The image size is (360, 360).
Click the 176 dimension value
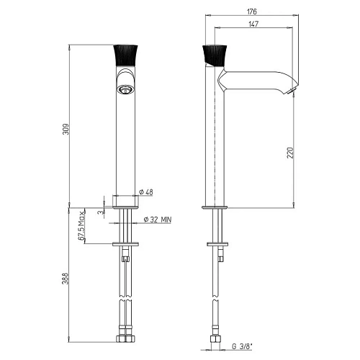[252, 12]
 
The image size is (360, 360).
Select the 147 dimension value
[253, 24]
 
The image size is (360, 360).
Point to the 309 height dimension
[66, 129]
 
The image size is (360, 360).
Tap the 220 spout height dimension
[290, 153]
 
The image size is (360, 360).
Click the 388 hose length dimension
[66, 279]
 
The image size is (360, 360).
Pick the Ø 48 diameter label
[146, 192]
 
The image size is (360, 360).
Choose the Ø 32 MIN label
[158, 220]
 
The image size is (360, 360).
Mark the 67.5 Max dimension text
[81, 225]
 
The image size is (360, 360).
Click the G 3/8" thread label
[242, 346]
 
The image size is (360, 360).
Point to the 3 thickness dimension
[102, 212]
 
